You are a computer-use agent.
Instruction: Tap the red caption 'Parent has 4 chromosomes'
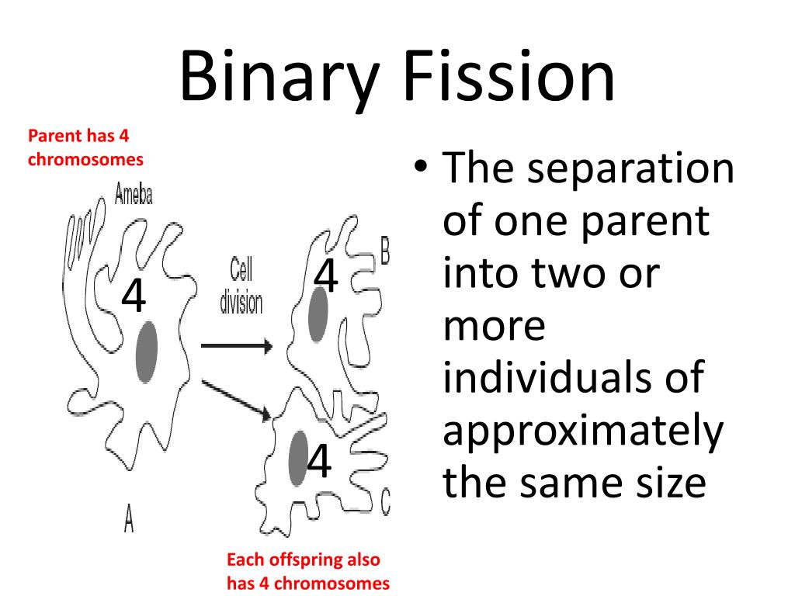pos(85,147)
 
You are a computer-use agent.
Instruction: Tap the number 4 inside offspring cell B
pos(327,276)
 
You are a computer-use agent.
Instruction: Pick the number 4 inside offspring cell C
pos(319,462)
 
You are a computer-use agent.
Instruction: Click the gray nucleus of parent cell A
pos(147,352)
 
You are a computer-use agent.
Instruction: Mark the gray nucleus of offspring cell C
pos(297,458)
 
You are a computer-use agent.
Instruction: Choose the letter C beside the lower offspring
pos(385,502)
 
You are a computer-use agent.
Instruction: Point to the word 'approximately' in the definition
pos(582,431)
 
